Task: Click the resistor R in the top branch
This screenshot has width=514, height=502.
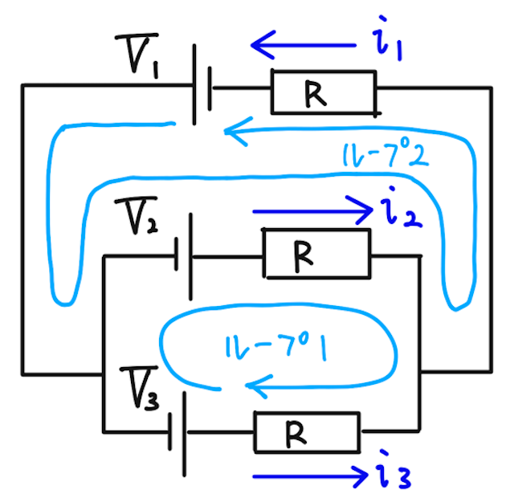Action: [324, 92]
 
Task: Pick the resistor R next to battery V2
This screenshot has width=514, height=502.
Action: [317, 254]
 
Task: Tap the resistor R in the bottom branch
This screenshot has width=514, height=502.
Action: [307, 434]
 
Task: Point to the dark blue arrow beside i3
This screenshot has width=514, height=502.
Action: [310, 476]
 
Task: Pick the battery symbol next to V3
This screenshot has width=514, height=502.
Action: [178, 432]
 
